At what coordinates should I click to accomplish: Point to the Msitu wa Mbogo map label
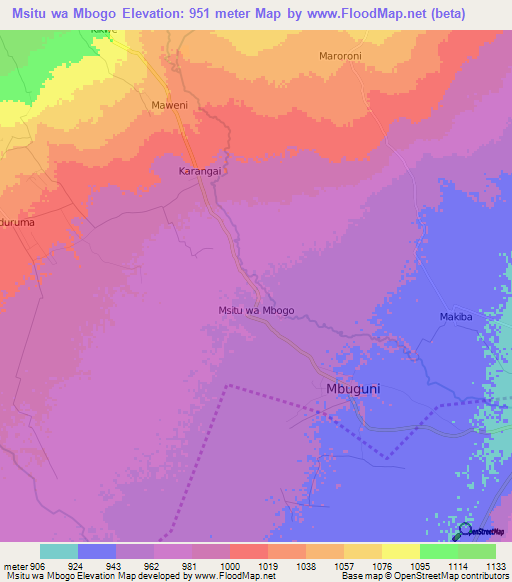256,310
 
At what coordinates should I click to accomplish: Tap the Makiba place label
456,317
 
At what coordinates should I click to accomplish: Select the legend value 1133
496,565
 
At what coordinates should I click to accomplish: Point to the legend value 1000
229,565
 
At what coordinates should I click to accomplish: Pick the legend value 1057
343,565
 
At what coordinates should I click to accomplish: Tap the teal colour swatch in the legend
59,551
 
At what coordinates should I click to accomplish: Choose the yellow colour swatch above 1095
400,551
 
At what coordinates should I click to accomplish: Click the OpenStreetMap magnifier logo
463,531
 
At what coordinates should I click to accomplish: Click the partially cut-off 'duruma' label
17,223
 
